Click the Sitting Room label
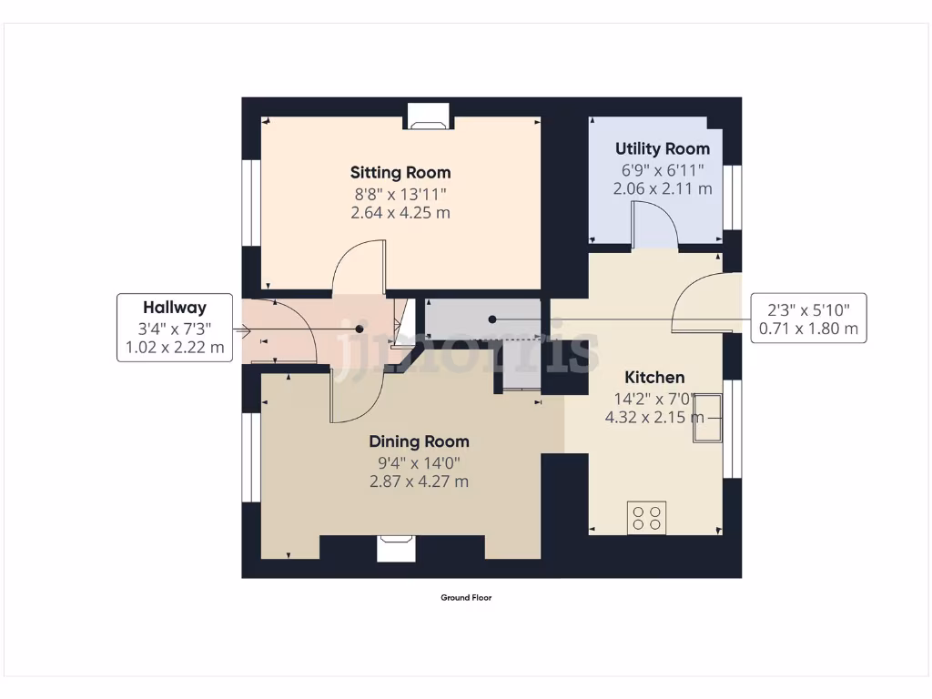click(x=400, y=172)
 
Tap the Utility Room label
click(x=662, y=148)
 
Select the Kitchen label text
click(x=653, y=377)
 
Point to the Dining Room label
click(x=419, y=441)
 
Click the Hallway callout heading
click(x=174, y=308)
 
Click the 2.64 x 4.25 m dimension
click(x=400, y=213)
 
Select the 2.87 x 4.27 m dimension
click(x=419, y=481)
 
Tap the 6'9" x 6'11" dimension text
click(x=662, y=169)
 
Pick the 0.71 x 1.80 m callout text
click(x=807, y=329)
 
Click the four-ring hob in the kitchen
click(x=646, y=518)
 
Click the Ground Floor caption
click(x=466, y=598)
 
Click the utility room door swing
click(x=655, y=225)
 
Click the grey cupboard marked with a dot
click(x=482, y=319)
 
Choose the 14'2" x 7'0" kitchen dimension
click(x=653, y=398)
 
